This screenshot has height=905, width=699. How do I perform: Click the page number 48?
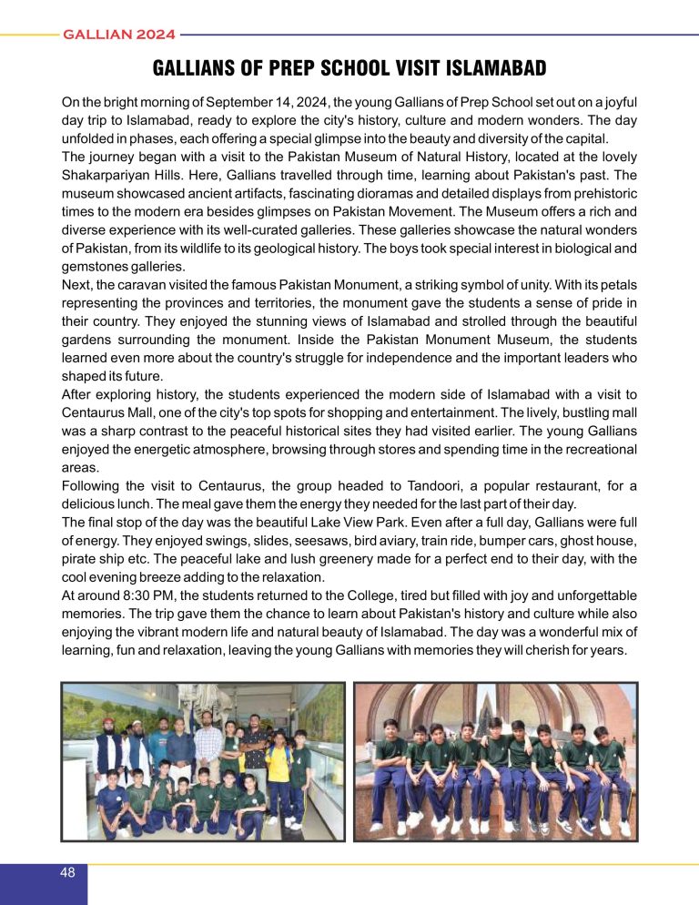click(66, 873)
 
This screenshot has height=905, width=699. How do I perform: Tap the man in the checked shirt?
click(208, 751)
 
